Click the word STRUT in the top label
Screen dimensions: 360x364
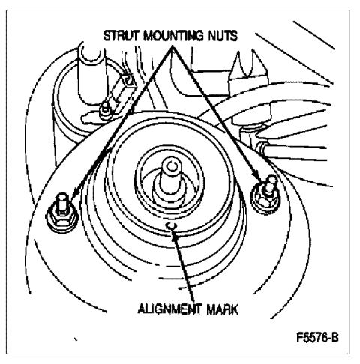pyautogui.click(x=121, y=36)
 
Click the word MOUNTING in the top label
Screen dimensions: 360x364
pyautogui.click(x=174, y=36)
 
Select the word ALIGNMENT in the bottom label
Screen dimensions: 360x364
pyautogui.click(x=169, y=309)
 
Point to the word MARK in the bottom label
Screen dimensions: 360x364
pyautogui.click(x=222, y=309)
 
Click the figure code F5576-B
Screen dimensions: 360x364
pyautogui.click(x=317, y=338)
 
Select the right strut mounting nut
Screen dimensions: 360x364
pyautogui.click(x=265, y=199)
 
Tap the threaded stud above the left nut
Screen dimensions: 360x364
pyautogui.click(x=62, y=202)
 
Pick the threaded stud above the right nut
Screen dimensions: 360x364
pyautogui.click(x=270, y=184)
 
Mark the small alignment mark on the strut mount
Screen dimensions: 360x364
pyautogui.click(x=172, y=225)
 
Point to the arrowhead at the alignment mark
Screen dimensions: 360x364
pyautogui.click(x=174, y=235)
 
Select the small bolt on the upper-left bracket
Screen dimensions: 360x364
pyautogui.click(x=105, y=110)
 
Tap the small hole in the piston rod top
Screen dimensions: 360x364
pyautogui.click(x=171, y=165)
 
